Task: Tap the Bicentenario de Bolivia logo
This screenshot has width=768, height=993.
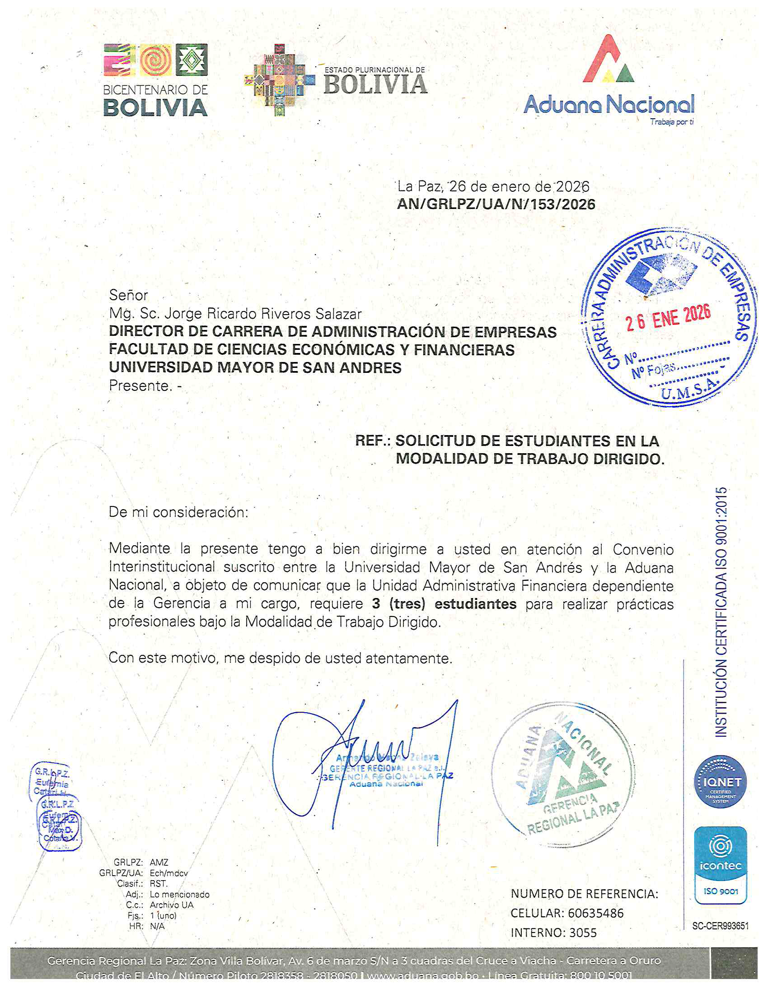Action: click(x=155, y=80)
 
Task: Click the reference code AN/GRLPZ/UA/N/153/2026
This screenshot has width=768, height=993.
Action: click(x=496, y=204)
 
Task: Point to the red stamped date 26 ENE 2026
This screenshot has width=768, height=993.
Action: click(x=668, y=317)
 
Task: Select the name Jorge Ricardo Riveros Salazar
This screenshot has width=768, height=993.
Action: click(x=262, y=314)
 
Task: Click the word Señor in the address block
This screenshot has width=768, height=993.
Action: click(x=128, y=296)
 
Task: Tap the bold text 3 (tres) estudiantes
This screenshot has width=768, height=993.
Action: click(x=444, y=604)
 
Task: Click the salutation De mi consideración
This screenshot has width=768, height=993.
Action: click(x=178, y=512)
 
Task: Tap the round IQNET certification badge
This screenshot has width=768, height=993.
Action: click(x=720, y=782)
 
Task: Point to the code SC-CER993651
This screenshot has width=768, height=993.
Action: click(x=720, y=926)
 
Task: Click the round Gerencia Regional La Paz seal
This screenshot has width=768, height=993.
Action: click(x=563, y=774)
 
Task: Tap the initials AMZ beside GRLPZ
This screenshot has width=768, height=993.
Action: click(x=159, y=863)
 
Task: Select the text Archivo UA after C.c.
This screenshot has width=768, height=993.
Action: click(x=172, y=905)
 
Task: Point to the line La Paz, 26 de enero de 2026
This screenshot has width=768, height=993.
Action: click(x=493, y=186)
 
